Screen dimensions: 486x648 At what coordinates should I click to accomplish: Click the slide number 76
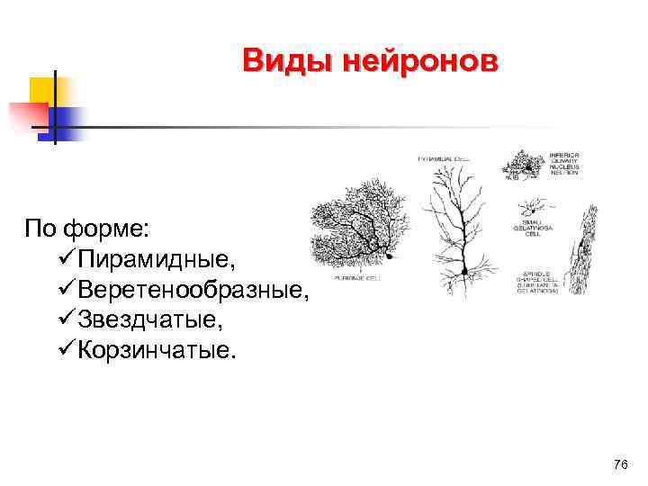click(x=619, y=464)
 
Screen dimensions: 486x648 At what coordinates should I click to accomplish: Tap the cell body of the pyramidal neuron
click(x=466, y=269)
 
